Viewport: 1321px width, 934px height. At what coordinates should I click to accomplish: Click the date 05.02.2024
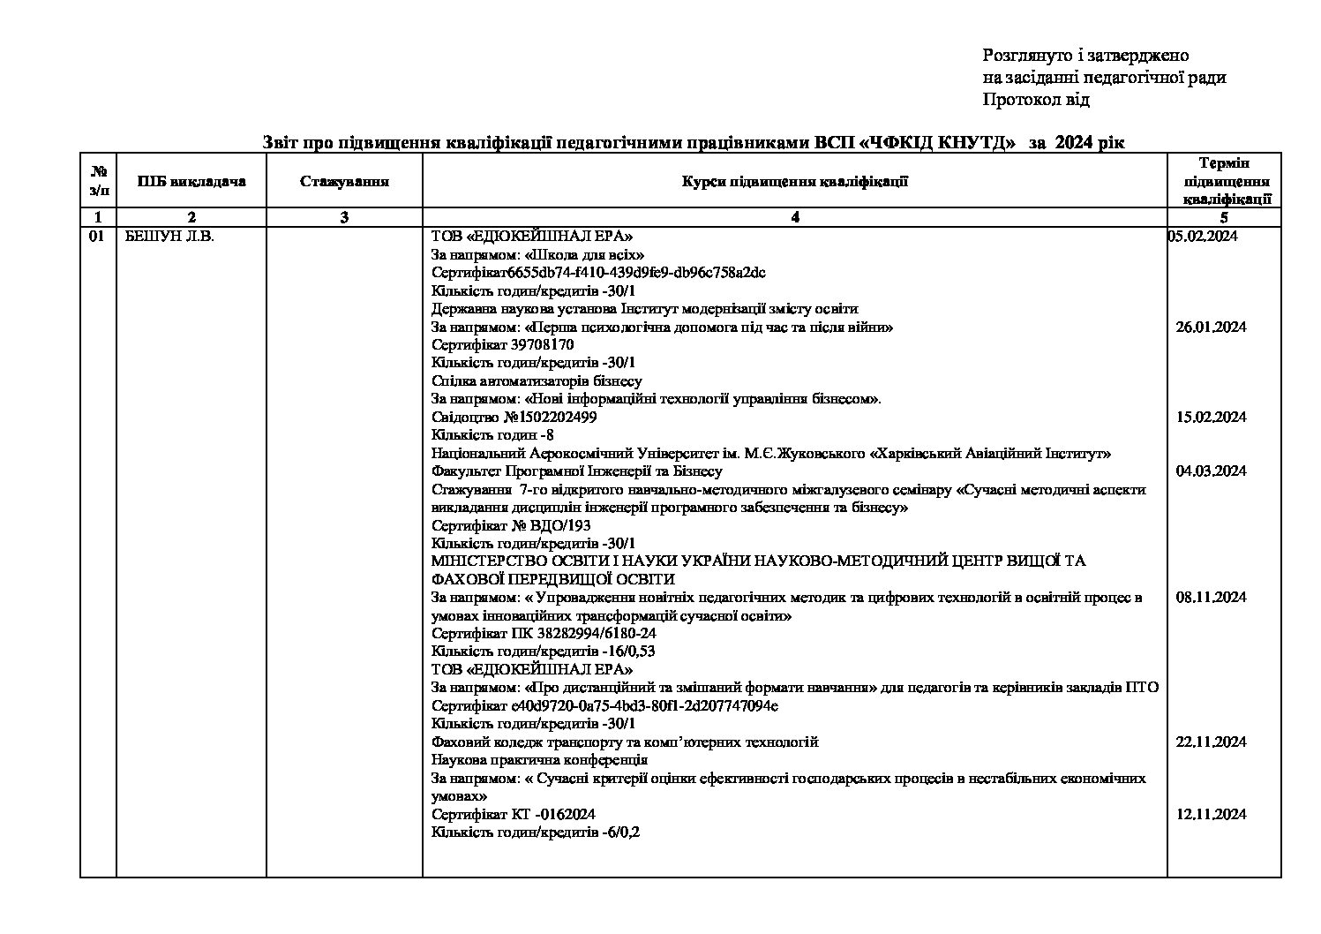click(1203, 236)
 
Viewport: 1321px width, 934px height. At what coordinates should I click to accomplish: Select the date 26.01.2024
click(1211, 327)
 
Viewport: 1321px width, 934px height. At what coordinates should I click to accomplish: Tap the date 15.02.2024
click(1211, 417)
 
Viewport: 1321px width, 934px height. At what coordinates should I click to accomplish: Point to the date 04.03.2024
click(1211, 471)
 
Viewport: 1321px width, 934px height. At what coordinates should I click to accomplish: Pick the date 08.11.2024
click(1211, 597)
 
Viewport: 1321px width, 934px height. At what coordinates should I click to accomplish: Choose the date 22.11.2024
click(1211, 742)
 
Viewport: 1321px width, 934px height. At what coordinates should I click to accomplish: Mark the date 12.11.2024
click(1211, 814)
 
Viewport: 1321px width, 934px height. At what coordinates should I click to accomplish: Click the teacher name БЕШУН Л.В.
click(167, 236)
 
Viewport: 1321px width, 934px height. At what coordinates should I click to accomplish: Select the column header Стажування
click(344, 182)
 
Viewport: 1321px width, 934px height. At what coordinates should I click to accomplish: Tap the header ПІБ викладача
click(191, 182)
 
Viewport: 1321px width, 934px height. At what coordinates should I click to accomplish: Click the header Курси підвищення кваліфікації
click(794, 182)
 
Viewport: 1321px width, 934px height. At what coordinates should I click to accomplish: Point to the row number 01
click(97, 236)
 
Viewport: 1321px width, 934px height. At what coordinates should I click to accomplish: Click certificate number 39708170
click(542, 344)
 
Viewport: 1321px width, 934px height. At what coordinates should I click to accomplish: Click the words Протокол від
click(1036, 100)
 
